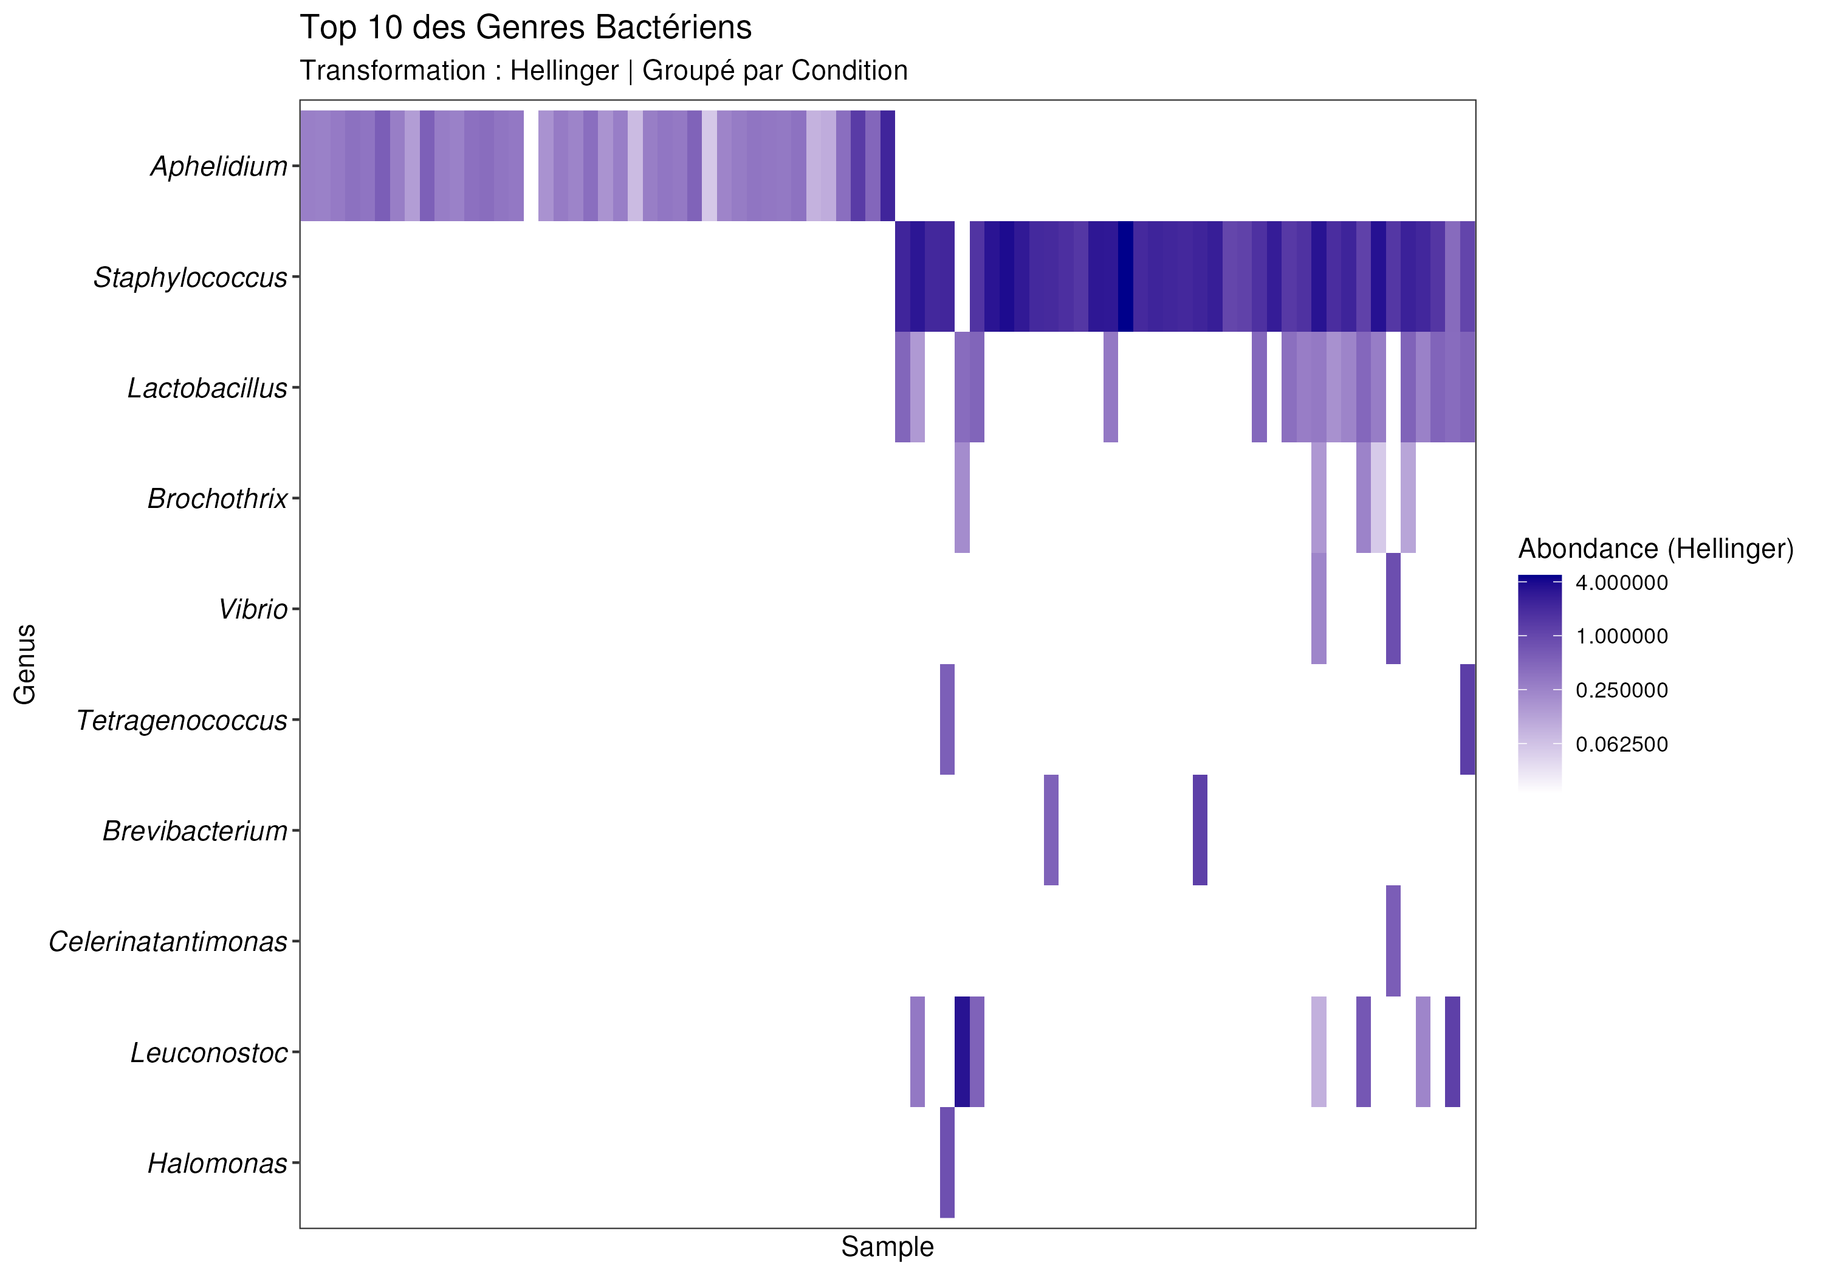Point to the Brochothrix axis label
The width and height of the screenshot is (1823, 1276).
point(217,499)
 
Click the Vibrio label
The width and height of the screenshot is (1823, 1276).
point(253,610)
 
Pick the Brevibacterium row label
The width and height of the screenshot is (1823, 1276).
point(194,831)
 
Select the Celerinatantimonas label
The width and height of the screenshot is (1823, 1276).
point(168,942)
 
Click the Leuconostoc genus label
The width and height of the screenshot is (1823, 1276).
point(209,1053)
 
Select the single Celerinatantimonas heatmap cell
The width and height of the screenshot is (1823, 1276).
point(1393,941)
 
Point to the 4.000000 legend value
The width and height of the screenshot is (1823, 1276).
point(1621,583)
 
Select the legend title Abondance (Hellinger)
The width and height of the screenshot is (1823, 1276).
point(1655,549)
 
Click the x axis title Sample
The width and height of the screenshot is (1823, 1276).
point(887,1247)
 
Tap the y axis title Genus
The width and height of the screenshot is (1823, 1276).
point(26,664)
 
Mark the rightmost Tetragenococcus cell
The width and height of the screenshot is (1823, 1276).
point(1468,719)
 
